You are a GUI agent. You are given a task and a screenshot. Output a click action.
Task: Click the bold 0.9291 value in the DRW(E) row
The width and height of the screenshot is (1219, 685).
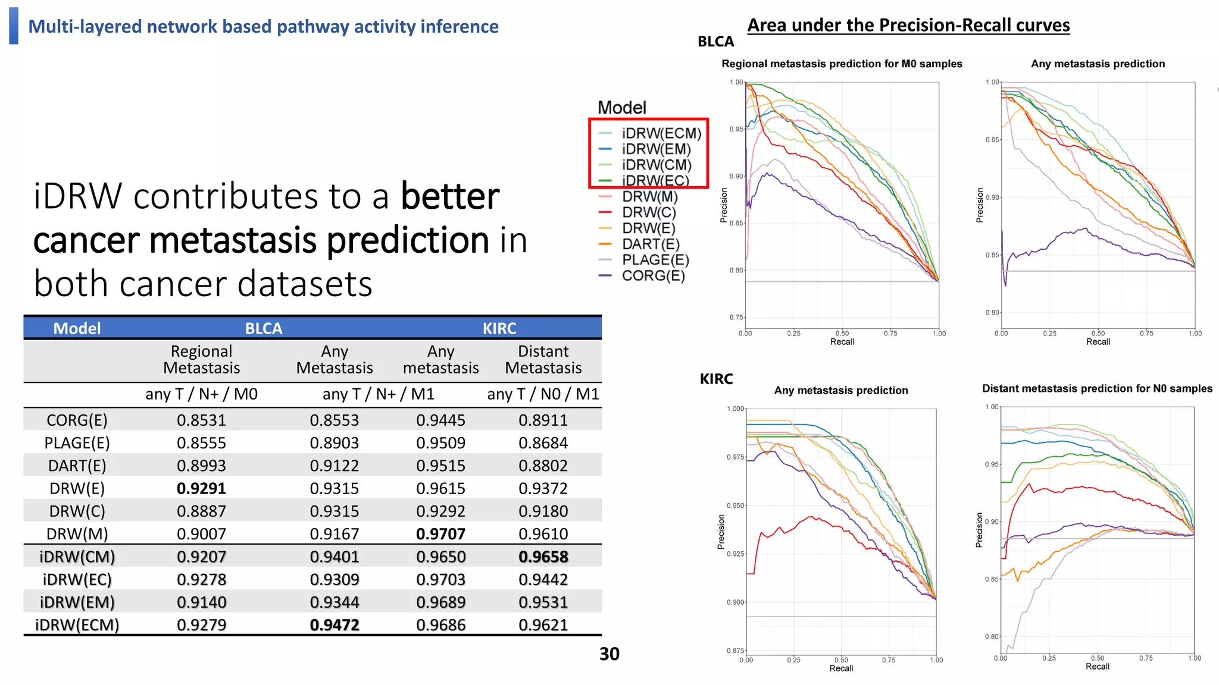(x=201, y=488)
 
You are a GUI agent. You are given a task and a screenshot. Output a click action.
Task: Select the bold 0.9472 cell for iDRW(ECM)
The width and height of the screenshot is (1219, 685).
(x=335, y=625)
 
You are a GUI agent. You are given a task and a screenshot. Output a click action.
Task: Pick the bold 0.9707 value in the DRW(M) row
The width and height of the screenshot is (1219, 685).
(x=440, y=534)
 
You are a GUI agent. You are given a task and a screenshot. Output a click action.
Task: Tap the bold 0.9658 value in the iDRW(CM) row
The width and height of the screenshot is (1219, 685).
(x=543, y=557)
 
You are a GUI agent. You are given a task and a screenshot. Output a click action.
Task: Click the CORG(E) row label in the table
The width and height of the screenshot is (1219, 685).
(x=77, y=420)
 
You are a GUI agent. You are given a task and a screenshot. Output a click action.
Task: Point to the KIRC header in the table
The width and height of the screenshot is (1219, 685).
(x=499, y=328)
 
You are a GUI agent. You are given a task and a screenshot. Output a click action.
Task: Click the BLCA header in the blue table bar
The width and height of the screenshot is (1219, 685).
(x=264, y=328)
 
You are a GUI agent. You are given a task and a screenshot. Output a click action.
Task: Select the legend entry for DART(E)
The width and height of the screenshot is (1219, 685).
(x=650, y=244)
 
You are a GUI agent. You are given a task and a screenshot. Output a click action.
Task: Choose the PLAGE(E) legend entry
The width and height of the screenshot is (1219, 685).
(x=655, y=260)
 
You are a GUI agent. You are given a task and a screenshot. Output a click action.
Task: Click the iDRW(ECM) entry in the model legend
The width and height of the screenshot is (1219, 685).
(x=661, y=133)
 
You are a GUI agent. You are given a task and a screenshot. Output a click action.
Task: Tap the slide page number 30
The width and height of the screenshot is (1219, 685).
(x=609, y=654)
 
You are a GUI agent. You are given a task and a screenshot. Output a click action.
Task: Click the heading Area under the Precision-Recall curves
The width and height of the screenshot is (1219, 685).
(x=908, y=25)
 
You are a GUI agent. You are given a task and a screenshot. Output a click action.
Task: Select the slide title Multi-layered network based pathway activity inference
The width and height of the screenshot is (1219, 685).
(x=263, y=27)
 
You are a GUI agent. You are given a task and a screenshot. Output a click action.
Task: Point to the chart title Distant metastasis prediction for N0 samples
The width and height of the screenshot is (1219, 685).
(x=1096, y=388)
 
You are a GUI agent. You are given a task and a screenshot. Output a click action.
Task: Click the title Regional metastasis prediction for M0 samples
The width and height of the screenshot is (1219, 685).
(x=842, y=64)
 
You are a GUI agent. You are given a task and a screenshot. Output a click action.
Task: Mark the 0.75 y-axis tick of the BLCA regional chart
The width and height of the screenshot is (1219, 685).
(x=736, y=318)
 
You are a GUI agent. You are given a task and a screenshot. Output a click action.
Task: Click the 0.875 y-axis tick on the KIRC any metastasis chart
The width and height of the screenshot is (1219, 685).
(x=735, y=651)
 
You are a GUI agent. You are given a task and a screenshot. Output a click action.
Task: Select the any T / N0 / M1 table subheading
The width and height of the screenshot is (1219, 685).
(x=543, y=394)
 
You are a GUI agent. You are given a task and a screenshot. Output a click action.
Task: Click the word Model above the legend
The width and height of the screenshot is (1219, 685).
(x=621, y=108)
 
